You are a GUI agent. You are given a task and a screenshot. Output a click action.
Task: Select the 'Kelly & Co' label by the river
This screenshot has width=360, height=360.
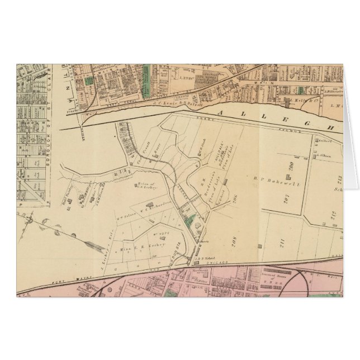coord(300,102)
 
